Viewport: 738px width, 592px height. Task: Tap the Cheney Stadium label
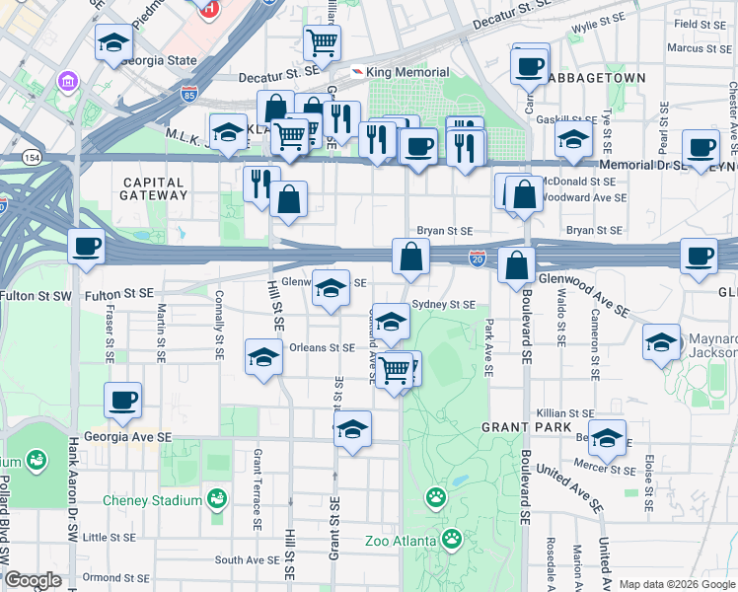pyautogui.click(x=153, y=500)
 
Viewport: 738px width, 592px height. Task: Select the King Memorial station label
pyautogui.click(x=406, y=72)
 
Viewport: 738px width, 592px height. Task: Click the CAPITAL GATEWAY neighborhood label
pyautogui.click(x=155, y=188)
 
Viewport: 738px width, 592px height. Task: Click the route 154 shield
pyautogui.click(x=34, y=158)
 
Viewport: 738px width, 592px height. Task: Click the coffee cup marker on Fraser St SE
pyautogui.click(x=123, y=400)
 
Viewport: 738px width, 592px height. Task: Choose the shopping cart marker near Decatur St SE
pyautogui.click(x=322, y=43)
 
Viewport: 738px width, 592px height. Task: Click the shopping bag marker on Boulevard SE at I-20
pyautogui.click(x=517, y=264)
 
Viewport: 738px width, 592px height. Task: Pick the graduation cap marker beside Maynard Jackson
pyautogui.click(x=661, y=342)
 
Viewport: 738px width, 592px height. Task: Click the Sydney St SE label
pyautogui.click(x=444, y=305)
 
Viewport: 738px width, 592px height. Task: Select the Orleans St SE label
pyautogui.click(x=322, y=347)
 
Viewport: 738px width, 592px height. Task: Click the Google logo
pyautogui.click(x=33, y=580)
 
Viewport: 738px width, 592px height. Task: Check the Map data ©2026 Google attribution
pyautogui.click(x=676, y=584)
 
